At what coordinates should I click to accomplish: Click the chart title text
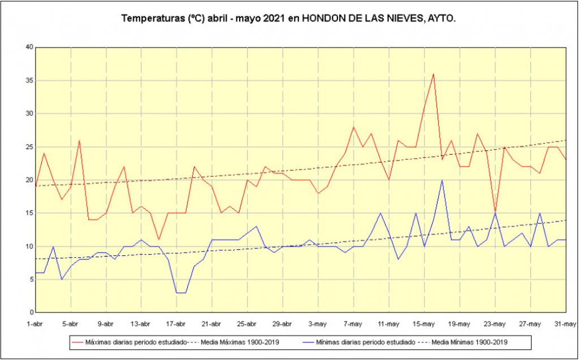click(x=289, y=19)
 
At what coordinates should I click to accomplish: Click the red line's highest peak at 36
click(x=433, y=74)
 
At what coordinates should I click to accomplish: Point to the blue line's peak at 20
click(x=442, y=180)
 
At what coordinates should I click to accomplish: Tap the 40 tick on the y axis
click(x=29, y=47)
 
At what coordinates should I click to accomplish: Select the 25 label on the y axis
click(x=29, y=147)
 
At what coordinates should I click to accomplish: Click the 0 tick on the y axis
click(x=32, y=313)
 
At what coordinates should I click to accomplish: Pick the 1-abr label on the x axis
click(x=36, y=324)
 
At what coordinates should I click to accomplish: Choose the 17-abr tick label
click(x=176, y=324)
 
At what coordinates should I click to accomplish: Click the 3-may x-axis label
click(x=318, y=324)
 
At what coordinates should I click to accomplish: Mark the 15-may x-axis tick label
click(x=424, y=324)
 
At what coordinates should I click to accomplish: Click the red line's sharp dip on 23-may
click(x=495, y=212)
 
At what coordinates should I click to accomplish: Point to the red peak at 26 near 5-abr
click(x=80, y=141)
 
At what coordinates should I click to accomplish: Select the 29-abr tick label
click(x=282, y=324)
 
